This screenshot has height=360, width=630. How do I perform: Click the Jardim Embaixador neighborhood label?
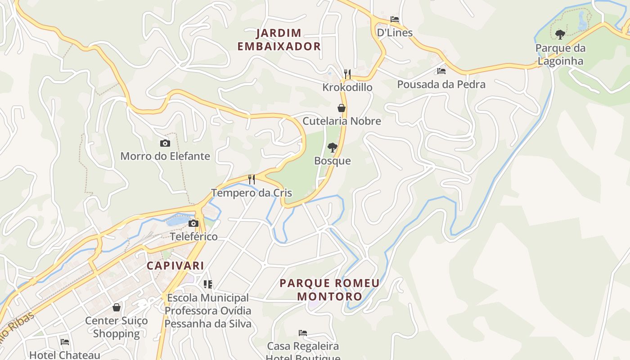click(279, 40)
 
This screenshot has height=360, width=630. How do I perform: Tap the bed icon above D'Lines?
click(395, 19)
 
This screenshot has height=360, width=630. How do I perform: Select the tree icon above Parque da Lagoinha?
click(560, 34)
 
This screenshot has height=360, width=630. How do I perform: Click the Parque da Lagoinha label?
click(560, 54)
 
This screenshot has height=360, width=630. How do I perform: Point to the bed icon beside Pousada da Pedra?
click(441, 71)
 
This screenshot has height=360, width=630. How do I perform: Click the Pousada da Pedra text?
click(441, 85)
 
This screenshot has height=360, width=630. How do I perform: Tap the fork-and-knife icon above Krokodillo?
click(347, 74)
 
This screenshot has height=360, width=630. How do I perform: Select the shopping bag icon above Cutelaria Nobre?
click(342, 108)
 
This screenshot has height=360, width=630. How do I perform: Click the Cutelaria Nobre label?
click(342, 121)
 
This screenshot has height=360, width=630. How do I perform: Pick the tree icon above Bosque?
click(333, 147)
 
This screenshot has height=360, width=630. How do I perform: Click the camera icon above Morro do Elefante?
click(165, 143)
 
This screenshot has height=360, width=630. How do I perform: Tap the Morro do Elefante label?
click(165, 156)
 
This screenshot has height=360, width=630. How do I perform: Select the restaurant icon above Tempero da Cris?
click(252, 180)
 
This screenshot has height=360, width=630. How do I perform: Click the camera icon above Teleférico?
click(193, 223)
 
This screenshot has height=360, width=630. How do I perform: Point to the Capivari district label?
click(175, 265)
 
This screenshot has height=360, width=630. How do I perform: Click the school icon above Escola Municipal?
click(207, 284)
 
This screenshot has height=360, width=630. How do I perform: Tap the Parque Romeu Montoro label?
click(329, 290)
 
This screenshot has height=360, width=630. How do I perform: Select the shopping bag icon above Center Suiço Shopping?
click(117, 307)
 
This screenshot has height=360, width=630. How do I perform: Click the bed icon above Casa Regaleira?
click(303, 333)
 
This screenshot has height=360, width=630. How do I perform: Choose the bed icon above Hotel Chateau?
click(65, 342)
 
